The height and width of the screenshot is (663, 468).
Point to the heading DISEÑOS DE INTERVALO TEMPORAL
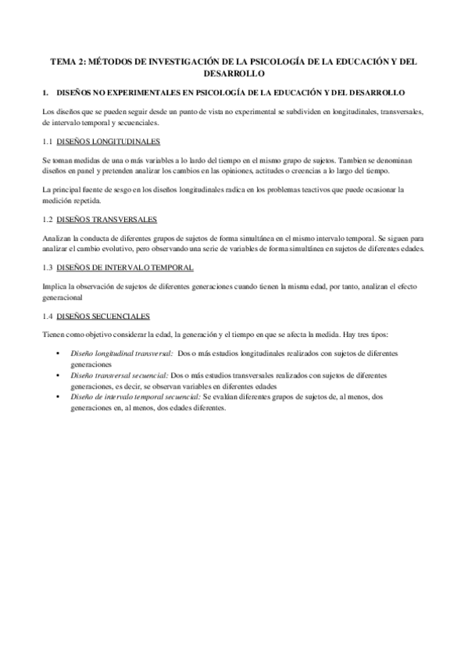pos(126,267)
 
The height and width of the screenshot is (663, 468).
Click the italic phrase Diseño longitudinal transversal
pos(121,353)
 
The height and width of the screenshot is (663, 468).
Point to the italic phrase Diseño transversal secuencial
pos(119,375)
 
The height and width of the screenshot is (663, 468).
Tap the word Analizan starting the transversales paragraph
pos(57,238)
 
